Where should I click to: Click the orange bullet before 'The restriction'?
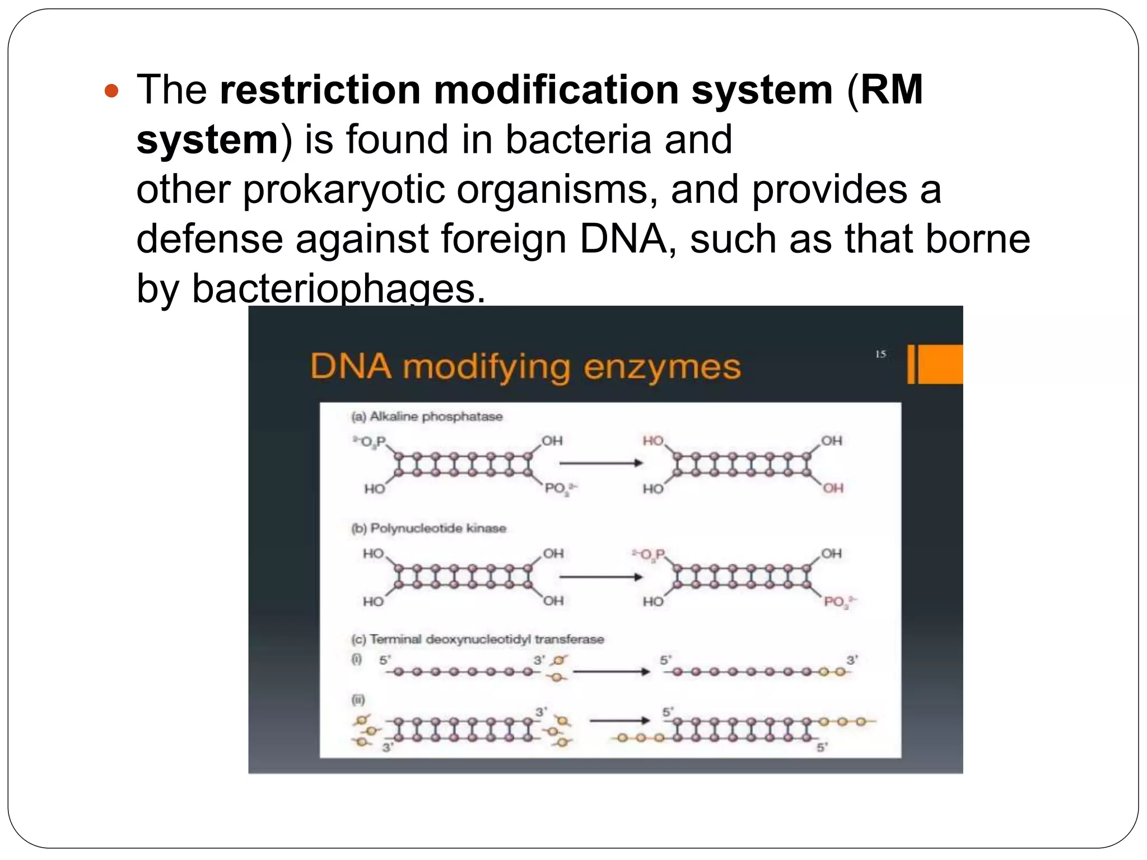tap(112, 91)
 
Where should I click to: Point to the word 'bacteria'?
tap(579, 139)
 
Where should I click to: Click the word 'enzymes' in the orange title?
tap(662, 367)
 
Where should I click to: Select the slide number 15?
tap(880, 354)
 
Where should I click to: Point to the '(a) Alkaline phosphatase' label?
tap(427, 417)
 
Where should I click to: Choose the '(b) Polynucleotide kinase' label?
tap(428, 529)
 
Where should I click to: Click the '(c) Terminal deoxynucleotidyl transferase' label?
tap(477, 639)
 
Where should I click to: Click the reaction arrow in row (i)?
tap(610, 671)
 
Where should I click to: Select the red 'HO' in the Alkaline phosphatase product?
tap(653, 441)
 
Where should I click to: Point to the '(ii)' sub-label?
tap(358, 699)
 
